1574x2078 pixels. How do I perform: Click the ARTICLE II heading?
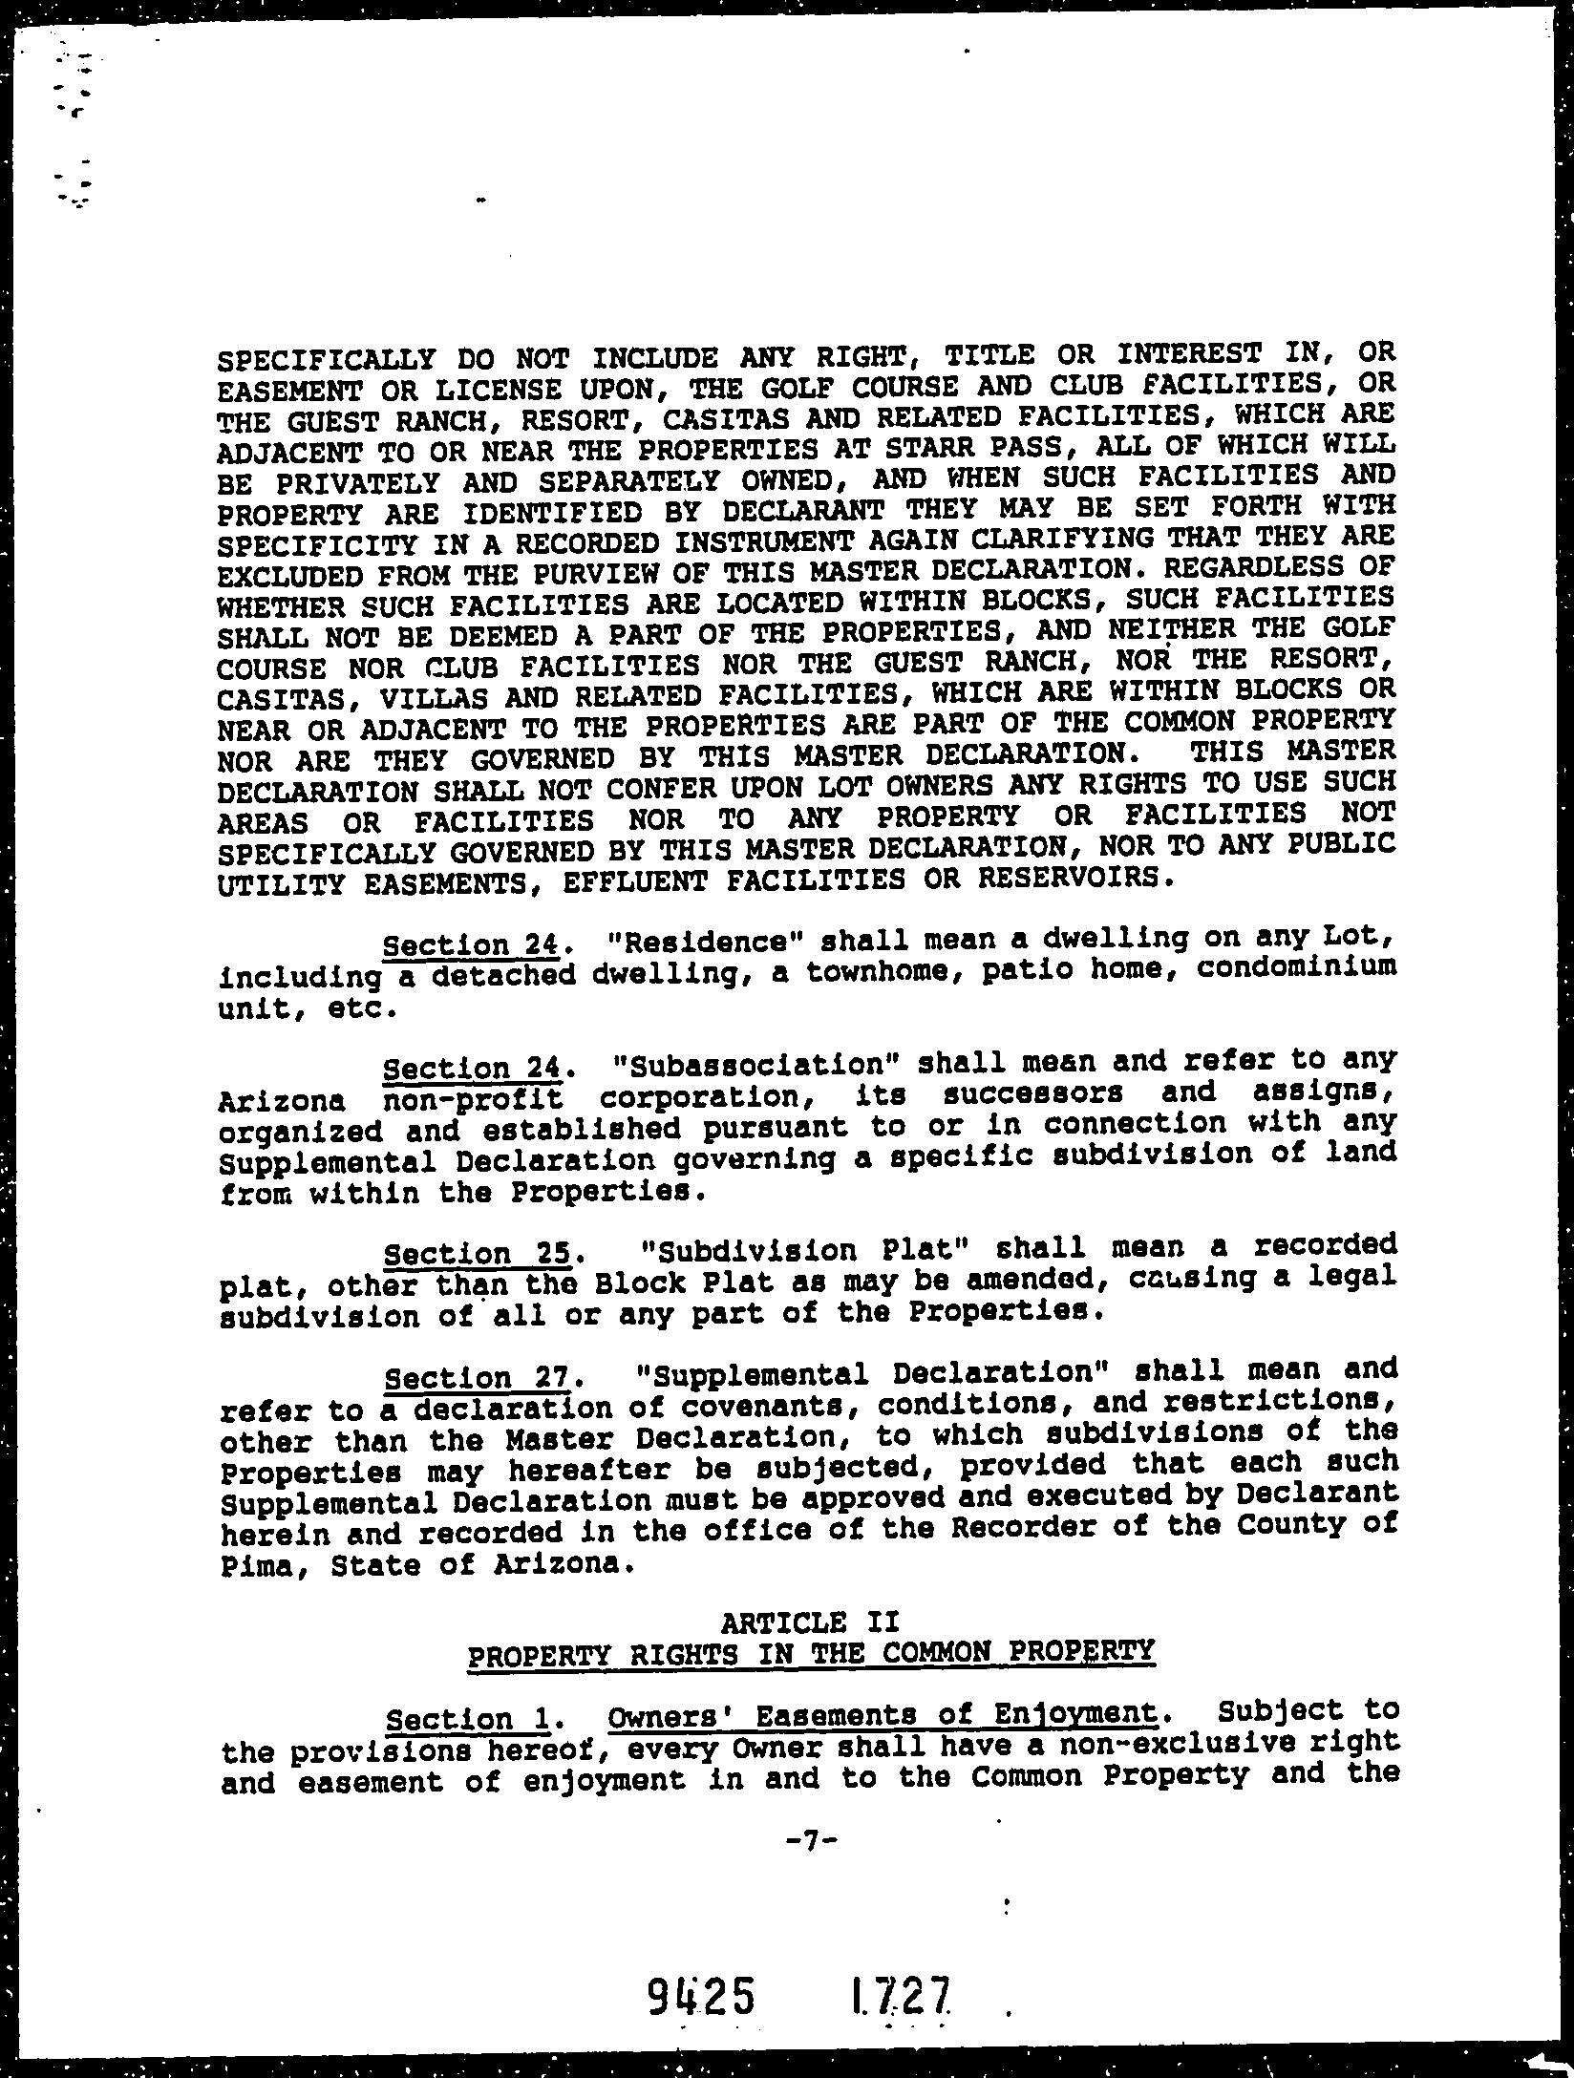809,1622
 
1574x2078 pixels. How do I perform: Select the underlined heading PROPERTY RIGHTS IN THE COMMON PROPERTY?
811,1652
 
